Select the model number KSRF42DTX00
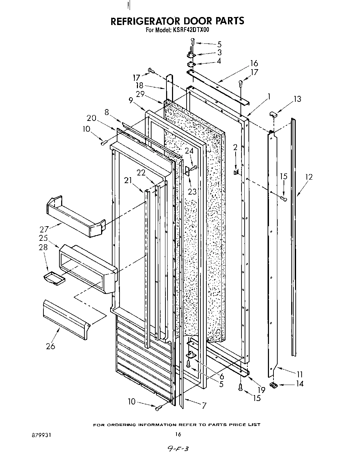(189, 30)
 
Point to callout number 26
(51, 346)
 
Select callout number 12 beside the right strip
(309, 177)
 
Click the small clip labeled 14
(274, 384)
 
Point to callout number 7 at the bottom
(204, 405)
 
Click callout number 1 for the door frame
(269, 96)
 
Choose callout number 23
(192, 191)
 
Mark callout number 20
(91, 118)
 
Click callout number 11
(300, 374)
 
